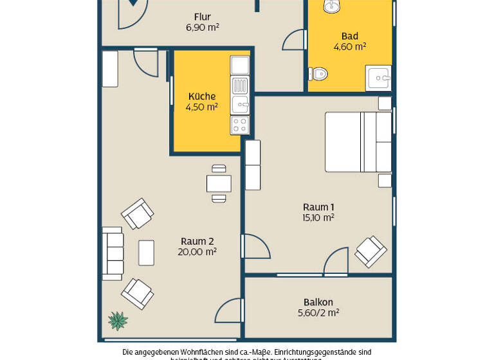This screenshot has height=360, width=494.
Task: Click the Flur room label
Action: pos(202,17)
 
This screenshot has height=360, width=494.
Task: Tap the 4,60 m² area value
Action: pos(349,47)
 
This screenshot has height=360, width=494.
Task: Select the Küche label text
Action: pos(201,96)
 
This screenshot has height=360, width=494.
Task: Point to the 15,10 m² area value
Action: pos(318,218)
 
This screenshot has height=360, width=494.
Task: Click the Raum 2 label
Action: pos(197,242)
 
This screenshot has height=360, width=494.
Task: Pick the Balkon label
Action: pos(318,302)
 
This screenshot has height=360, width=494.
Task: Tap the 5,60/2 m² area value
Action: pos(318,313)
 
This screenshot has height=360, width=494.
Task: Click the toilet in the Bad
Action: pos(318,74)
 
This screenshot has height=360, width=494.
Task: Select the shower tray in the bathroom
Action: pos(378,78)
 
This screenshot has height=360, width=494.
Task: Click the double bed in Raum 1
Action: pos(358,142)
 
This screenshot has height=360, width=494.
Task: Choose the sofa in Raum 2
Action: pos(113,253)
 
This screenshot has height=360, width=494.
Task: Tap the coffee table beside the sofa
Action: pos(147,253)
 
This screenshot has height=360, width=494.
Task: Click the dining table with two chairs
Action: pos(219,184)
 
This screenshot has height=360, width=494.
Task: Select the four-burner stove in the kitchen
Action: pos(240,125)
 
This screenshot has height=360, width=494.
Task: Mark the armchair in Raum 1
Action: pos(371,251)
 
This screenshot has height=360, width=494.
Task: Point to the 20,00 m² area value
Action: pos(197,252)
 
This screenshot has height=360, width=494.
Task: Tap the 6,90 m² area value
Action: pos(202,28)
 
